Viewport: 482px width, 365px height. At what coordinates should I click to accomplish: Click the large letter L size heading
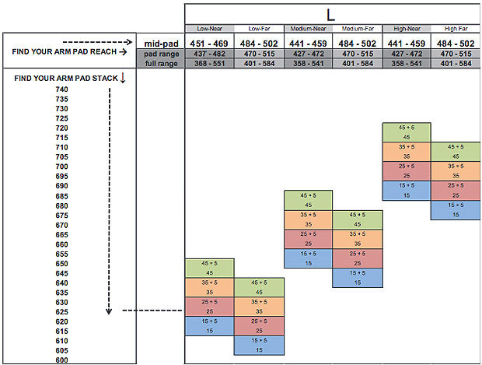click(x=332, y=14)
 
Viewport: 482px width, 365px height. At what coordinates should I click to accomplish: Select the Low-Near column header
click(x=208, y=29)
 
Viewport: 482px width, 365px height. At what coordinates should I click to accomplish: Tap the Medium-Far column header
click(x=357, y=29)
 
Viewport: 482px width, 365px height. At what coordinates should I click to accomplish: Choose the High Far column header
click(x=456, y=29)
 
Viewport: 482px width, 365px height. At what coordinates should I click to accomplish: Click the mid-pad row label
click(x=160, y=44)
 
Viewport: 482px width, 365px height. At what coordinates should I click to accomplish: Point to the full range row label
click(x=160, y=63)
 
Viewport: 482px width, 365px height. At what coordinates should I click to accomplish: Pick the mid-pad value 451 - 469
click(x=209, y=44)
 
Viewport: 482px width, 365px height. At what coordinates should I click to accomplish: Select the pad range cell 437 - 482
click(x=209, y=54)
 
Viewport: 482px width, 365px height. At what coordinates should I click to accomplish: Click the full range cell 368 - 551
click(x=209, y=63)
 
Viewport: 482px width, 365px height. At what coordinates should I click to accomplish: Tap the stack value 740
click(x=62, y=89)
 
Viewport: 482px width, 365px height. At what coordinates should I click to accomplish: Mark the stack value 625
click(x=62, y=312)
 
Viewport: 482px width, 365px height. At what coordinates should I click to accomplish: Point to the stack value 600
click(x=62, y=360)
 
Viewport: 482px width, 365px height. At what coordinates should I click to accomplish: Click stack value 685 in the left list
click(x=62, y=196)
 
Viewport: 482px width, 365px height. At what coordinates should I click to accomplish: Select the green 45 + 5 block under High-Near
click(x=406, y=132)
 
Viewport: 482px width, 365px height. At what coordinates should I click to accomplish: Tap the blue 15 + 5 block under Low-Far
click(x=258, y=346)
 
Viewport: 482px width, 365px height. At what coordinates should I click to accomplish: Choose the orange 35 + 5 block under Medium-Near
click(x=308, y=219)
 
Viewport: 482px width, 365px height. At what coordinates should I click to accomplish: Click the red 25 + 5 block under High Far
click(x=455, y=190)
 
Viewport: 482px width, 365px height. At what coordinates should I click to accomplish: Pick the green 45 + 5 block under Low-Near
click(x=209, y=268)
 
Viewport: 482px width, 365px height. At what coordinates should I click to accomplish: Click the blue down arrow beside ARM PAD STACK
click(x=123, y=78)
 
